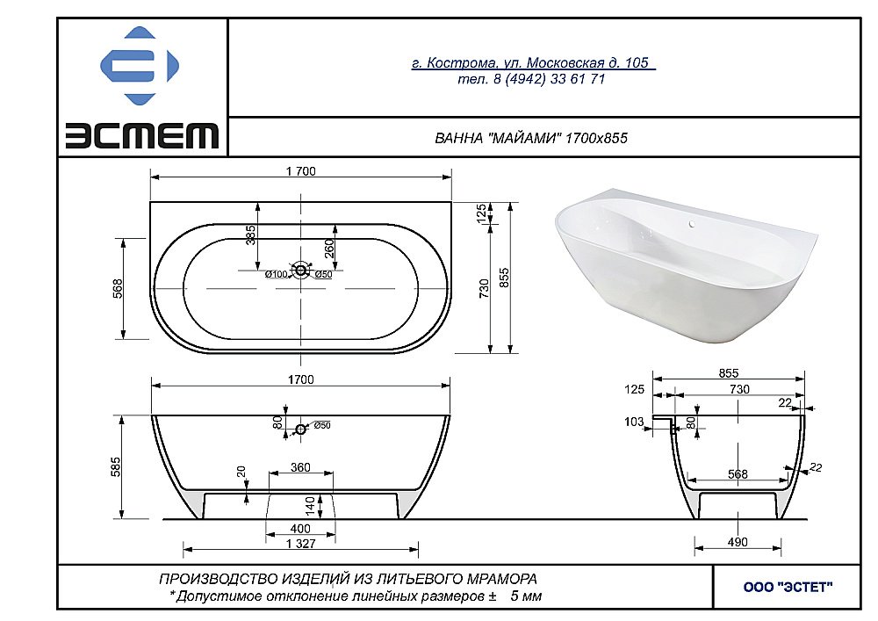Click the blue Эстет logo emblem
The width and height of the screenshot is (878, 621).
coord(140,66)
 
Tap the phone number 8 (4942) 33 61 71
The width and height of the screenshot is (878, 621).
coord(532,79)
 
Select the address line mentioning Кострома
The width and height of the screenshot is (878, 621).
coord(532,62)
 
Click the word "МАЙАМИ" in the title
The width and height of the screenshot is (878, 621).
coord(526,139)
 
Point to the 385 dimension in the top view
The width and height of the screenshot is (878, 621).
coord(250,235)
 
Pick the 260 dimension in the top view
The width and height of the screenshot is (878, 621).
coord(329,248)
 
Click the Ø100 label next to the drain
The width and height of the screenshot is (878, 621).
coord(277,274)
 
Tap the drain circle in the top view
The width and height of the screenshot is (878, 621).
coord(301,271)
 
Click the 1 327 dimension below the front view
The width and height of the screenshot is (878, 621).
coord(299,544)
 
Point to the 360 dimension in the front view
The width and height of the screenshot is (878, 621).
coord(300,468)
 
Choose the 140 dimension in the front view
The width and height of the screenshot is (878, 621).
coord(310,506)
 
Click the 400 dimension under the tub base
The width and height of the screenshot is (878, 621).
coord(299,529)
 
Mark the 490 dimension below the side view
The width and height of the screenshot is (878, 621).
coord(738,542)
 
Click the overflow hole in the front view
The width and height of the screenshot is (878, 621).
coord(301,429)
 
